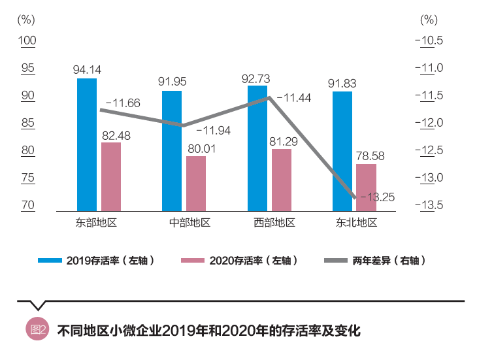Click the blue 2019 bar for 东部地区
[87, 144]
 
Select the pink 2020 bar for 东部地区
[111, 176]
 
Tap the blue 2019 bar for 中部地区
[172, 151]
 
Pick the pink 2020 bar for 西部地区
[282, 180]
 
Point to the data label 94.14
[87, 69]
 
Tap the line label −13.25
[377, 197]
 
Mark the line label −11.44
[293, 98]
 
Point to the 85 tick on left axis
[27, 123]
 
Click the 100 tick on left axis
[27, 41]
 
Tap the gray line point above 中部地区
[184, 125]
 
